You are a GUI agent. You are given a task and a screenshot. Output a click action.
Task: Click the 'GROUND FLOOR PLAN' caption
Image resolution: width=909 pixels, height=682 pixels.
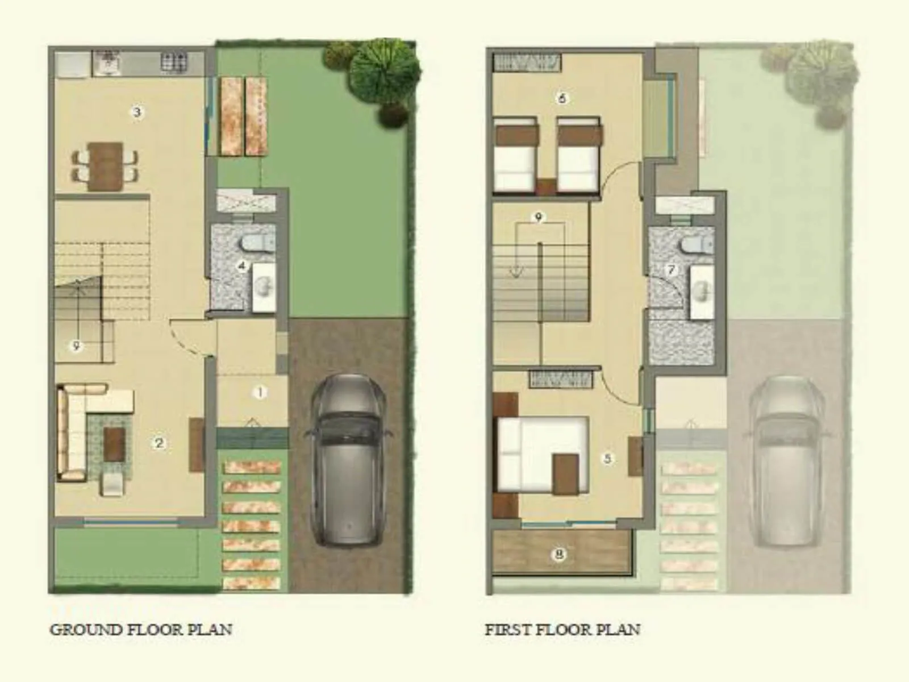point(141,630)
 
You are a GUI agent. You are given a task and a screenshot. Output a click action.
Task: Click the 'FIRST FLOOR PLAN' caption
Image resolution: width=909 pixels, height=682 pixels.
point(562,630)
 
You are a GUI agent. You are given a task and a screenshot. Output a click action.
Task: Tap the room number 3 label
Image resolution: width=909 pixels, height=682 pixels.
point(137,112)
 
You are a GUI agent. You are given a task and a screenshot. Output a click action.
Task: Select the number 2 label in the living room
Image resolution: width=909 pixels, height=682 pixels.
point(159,443)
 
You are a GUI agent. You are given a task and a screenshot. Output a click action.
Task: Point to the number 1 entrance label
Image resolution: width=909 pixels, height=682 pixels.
point(260,392)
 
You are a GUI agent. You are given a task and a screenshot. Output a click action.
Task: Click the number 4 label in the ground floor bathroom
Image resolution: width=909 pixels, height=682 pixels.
point(243,265)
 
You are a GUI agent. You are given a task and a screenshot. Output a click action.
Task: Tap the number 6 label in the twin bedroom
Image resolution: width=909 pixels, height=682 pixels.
point(562,98)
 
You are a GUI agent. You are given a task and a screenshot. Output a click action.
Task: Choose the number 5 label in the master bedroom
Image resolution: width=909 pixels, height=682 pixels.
point(607,458)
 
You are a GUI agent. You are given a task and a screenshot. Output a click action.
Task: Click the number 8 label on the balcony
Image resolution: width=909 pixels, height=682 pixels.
point(560,554)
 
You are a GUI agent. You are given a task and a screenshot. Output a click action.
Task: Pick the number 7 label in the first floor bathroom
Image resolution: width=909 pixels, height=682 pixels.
point(672,269)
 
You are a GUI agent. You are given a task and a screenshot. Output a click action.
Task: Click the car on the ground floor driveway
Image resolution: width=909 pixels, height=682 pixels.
point(348,460)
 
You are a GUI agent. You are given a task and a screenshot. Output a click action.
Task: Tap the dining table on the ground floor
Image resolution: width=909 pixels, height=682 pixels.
point(106,166)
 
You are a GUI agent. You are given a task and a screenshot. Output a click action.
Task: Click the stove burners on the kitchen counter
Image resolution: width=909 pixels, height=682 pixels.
point(174,63)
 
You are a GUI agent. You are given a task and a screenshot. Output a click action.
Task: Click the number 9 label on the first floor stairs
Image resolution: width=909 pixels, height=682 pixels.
point(539,217)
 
